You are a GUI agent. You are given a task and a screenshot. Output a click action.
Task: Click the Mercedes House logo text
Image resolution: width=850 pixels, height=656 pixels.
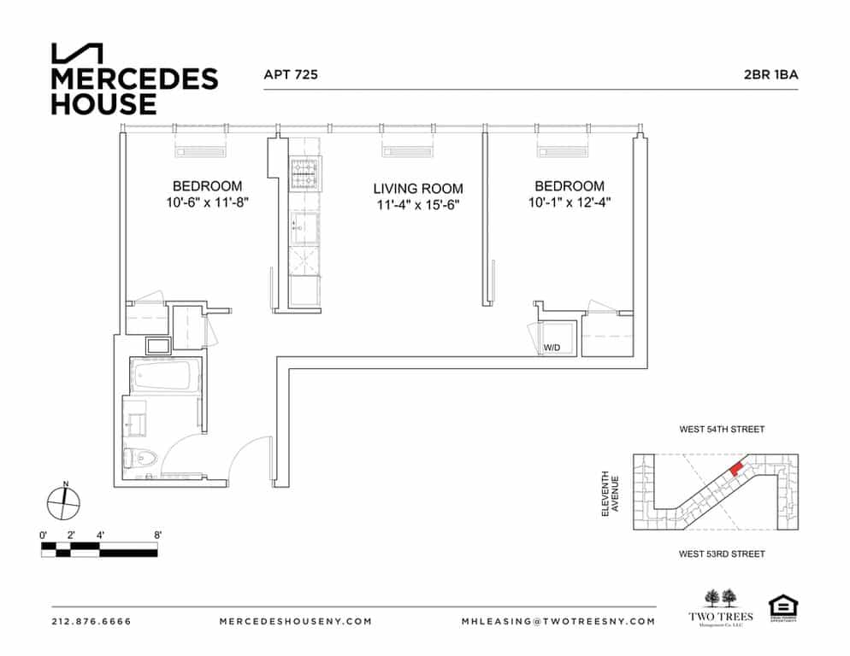[x=134, y=91]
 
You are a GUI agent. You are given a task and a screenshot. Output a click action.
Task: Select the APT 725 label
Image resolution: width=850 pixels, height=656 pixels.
[x=291, y=75]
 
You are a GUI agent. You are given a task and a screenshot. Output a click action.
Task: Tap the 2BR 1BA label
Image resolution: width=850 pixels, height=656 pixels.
[x=770, y=75]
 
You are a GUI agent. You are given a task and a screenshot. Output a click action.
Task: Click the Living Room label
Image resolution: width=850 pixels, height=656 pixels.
[x=417, y=189]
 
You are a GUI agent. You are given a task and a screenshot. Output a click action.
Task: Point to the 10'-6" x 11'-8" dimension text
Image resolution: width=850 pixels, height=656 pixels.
[x=207, y=203]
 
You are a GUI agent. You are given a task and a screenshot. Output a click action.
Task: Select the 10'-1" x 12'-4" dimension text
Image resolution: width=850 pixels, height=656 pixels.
[x=569, y=203]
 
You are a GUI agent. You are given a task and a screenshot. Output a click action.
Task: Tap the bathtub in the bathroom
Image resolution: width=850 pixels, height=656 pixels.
[x=164, y=375]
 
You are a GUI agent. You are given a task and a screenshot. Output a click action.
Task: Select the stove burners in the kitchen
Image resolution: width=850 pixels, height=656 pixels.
[x=304, y=177]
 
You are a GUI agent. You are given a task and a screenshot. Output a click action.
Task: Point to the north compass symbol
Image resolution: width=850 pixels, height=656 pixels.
[x=64, y=501]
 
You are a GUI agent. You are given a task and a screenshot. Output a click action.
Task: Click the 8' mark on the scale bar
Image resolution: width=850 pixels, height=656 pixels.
[x=157, y=535]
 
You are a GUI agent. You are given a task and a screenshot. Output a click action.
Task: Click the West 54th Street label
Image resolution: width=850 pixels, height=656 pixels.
[x=721, y=430]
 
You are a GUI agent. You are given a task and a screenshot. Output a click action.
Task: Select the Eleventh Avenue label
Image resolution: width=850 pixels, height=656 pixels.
[x=610, y=493]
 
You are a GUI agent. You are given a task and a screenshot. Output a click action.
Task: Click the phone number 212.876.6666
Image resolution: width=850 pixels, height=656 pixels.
[x=91, y=621]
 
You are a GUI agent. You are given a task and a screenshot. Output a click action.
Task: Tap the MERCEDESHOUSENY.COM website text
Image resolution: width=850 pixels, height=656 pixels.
[x=296, y=621]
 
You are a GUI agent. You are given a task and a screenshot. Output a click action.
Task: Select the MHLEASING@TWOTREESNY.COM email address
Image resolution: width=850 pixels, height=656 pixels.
[x=558, y=621]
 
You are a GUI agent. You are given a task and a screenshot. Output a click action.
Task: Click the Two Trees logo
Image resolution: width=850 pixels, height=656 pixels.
[x=721, y=608]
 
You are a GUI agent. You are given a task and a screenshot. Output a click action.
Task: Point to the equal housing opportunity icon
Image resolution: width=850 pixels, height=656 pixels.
[x=780, y=606]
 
